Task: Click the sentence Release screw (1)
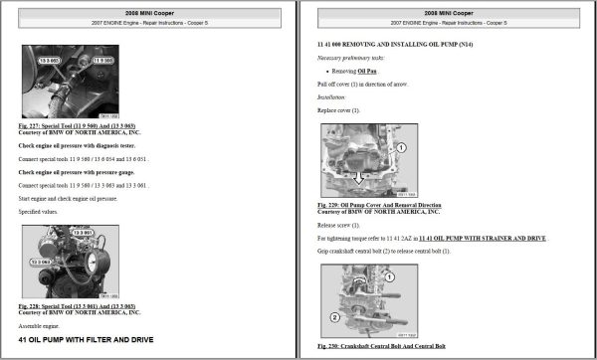[344, 226]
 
